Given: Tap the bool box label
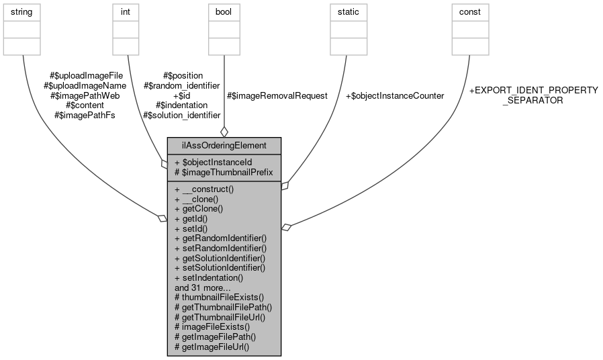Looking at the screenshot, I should pyautogui.click(x=224, y=12).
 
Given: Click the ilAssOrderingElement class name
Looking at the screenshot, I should pyautogui.click(x=224, y=145).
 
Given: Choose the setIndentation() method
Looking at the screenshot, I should pyautogui.click(x=208, y=277).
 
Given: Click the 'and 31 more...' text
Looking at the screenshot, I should pyautogui.click(x=202, y=287).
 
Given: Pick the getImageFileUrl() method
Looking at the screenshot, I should pyautogui.click(x=212, y=347).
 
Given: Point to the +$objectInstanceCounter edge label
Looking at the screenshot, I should pyautogui.click(x=394, y=96).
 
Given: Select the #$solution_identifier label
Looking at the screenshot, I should pyautogui.click(x=181, y=116).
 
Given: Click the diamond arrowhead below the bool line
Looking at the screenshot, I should pyautogui.click(x=224, y=132).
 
